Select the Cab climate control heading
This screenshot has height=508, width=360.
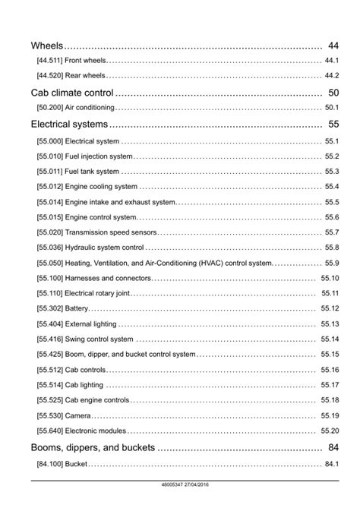click(73, 93)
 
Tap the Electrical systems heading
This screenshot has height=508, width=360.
click(69, 124)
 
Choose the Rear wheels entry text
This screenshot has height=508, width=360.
click(85, 76)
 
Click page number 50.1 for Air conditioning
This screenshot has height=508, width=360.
click(331, 108)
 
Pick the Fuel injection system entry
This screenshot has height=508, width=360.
click(99, 156)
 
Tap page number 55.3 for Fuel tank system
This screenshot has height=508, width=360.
click(331, 172)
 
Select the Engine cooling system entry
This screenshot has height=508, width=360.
click(102, 187)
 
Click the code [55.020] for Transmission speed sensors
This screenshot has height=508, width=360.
click(49, 232)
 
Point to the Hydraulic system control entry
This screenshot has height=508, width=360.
click(105, 248)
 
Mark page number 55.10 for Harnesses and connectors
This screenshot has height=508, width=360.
click(330, 278)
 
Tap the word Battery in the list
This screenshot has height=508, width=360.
click(77, 308)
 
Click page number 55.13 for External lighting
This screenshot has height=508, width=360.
click(330, 324)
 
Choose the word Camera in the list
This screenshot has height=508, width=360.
click(78, 415)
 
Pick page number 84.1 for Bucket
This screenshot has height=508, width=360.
click(331, 464)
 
